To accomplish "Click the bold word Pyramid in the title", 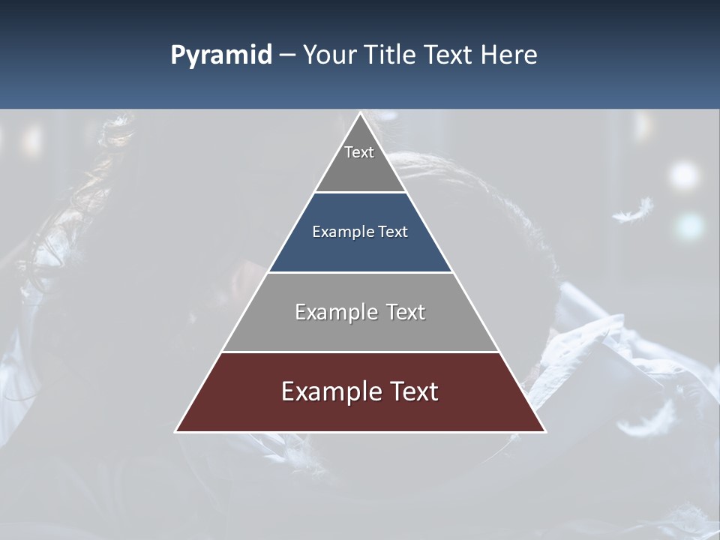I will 221,55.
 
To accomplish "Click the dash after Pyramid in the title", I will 287,55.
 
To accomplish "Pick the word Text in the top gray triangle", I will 359,152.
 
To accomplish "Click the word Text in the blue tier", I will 393,232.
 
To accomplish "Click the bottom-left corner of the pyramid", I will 176,431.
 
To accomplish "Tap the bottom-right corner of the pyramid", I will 545,431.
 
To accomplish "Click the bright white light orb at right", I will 683,175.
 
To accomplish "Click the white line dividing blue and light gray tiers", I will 361,272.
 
